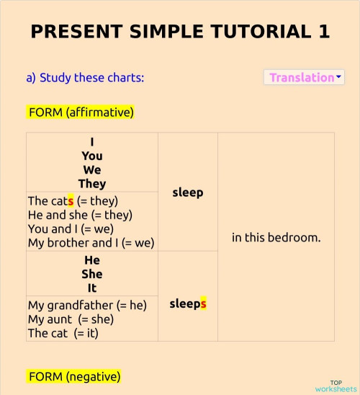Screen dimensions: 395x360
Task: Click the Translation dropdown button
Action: click(304, 77)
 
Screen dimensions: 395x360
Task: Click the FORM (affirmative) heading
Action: click(81, 112)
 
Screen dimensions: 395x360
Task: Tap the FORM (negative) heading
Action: click(74, 376)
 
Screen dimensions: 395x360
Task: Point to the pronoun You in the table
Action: click(92, 156)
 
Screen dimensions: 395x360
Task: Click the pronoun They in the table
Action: click(92, 183)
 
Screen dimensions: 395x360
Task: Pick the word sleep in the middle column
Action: click(188, 192)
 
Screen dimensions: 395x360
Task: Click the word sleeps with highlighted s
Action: click(188, 303)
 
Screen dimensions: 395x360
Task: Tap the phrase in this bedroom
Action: click(276, 236)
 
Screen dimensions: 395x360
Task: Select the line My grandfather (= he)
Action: click(87, 306)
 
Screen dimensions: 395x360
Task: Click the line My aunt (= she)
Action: click(71, 319)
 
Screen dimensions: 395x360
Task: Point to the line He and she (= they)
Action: click(80, 215)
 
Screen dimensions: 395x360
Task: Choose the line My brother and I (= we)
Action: click(91, 243)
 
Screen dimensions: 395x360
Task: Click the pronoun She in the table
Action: click(92, 274)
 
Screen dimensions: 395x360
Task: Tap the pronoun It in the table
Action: click(92, 288)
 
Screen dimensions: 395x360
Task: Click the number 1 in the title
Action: click(323, 32)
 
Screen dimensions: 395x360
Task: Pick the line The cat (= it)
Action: click(63, 333)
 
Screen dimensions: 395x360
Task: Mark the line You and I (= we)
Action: click(71, 229)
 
